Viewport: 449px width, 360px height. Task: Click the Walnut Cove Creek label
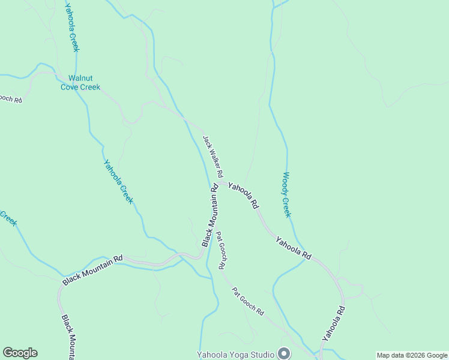80,83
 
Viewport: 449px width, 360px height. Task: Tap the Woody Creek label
287,195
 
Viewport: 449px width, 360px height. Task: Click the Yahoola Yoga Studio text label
235,355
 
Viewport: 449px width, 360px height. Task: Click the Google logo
20,353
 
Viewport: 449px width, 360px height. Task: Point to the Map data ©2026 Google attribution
412,355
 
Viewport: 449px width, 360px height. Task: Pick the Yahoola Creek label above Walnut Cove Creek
73,27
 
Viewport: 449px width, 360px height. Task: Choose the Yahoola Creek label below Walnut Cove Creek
118,182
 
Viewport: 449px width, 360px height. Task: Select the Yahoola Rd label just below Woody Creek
294,248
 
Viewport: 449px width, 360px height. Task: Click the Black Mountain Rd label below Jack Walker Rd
210,215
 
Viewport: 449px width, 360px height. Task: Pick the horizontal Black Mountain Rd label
92,269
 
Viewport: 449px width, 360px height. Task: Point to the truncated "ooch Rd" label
10,97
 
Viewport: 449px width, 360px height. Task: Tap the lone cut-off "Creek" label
8,218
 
